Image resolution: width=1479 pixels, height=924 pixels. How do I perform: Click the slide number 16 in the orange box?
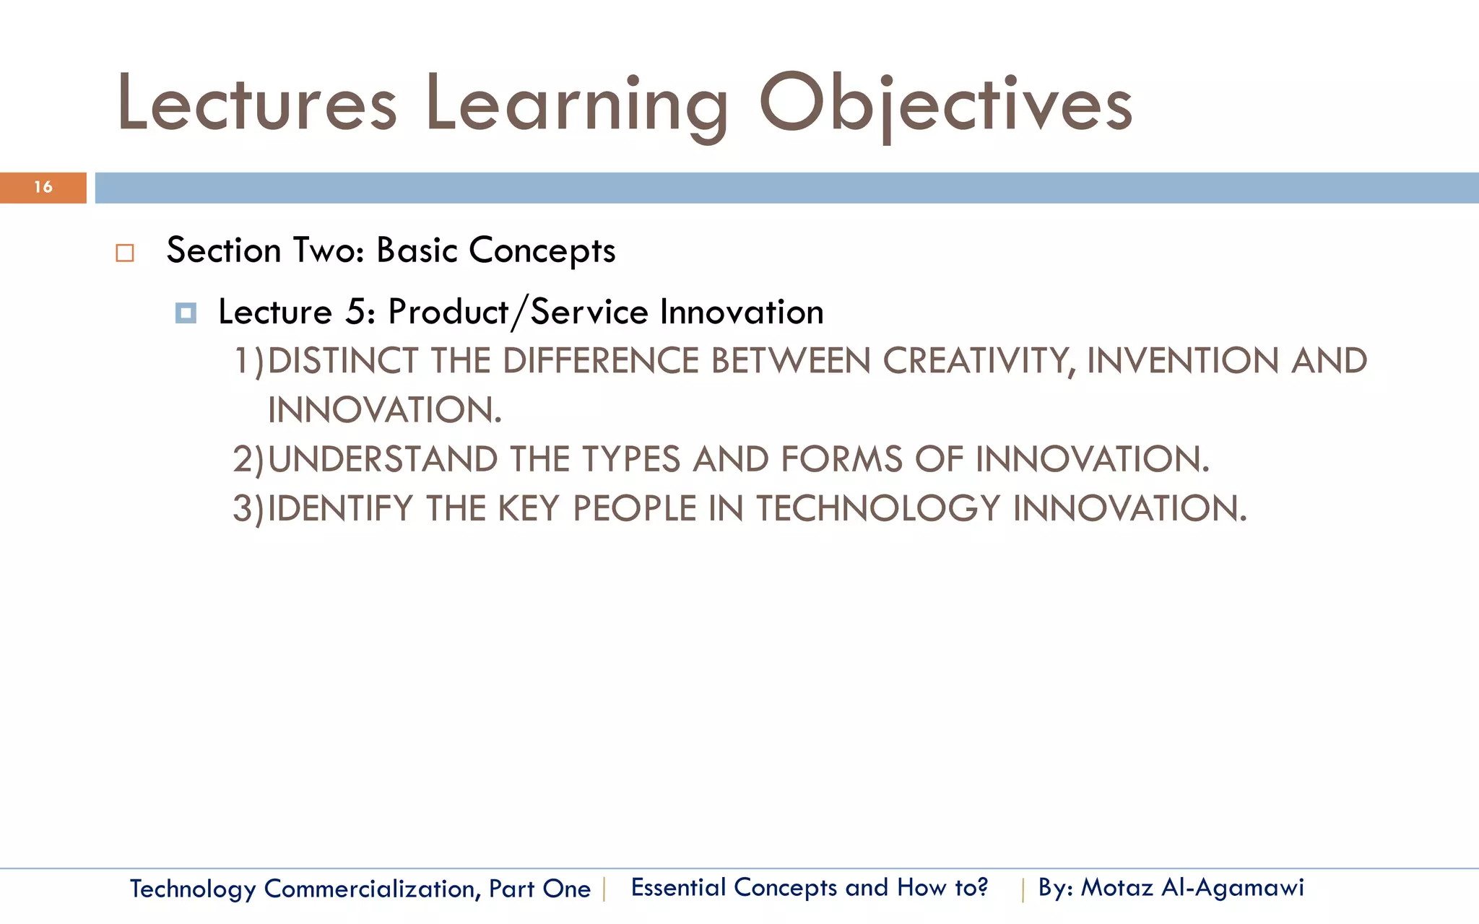pos(43,187)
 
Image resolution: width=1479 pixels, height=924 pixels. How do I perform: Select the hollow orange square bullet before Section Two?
pos(125,253)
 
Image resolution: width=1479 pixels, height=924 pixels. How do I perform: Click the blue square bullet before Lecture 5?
pos(186,313)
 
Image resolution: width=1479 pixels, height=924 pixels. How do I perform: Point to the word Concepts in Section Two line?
pos(542,251)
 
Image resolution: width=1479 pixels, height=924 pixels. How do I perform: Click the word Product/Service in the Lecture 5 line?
pos(517,313)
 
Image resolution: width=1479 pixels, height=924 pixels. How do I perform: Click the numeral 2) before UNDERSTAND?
pos(248,460)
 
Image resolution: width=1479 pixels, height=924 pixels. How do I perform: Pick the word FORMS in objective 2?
pos(841,460)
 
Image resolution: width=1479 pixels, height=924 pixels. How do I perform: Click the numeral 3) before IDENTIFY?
pos(248,509)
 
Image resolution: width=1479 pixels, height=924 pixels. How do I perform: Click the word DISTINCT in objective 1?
pos(342,361)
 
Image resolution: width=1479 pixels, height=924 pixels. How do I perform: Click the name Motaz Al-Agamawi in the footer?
pos(1192,887)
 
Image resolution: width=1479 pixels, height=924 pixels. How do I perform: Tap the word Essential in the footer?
pos(677,887)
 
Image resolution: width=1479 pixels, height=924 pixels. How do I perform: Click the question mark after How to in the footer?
pos(981,886)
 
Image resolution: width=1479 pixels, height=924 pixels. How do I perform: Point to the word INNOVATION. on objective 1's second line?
pos(384,410)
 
